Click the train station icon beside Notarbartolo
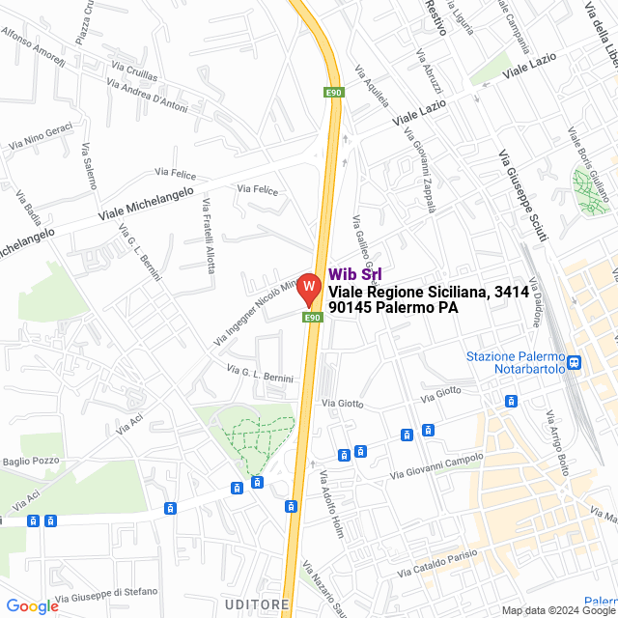click(x=575, y=362)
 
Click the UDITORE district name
click(x=256, y=604)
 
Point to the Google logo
click(x=32, y=606)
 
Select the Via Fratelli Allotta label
click(x=209, y=235)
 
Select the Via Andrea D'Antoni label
click(x=149, y=95)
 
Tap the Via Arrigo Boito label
click(x=558, y=442)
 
